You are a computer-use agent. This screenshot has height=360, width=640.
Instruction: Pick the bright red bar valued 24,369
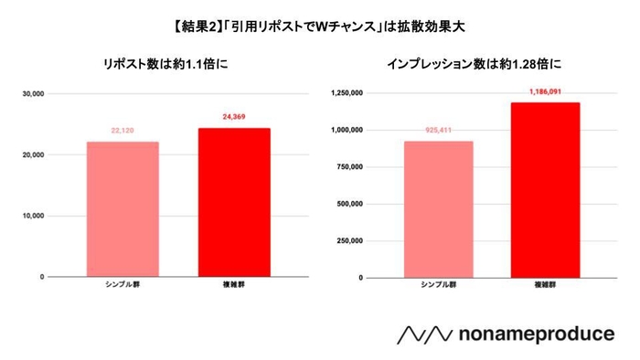[x=234, y=202]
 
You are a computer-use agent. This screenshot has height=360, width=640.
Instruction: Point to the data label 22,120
[x=123, y=131]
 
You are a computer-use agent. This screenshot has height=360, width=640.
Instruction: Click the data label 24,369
[x=234, y=117]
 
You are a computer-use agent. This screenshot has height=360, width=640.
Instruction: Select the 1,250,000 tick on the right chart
[x=346, y=93]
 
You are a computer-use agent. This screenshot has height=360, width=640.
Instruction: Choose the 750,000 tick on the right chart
[x=348, y=167]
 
